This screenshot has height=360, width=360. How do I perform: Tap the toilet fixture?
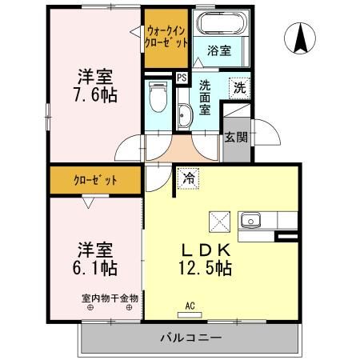coord(157,99)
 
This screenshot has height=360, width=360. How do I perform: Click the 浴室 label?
coord(220,51)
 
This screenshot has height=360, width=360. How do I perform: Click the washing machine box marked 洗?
coord(238,87)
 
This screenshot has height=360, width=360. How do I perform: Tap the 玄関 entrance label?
coord(235,137)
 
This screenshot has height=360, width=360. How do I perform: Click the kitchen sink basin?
coord(250,218)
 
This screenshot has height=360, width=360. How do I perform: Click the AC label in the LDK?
coord(190,305)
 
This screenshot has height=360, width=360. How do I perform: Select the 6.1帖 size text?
coord(94,266)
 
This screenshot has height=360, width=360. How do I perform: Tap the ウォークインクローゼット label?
coord(167,36)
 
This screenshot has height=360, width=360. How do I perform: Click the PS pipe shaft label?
coord(182,78)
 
